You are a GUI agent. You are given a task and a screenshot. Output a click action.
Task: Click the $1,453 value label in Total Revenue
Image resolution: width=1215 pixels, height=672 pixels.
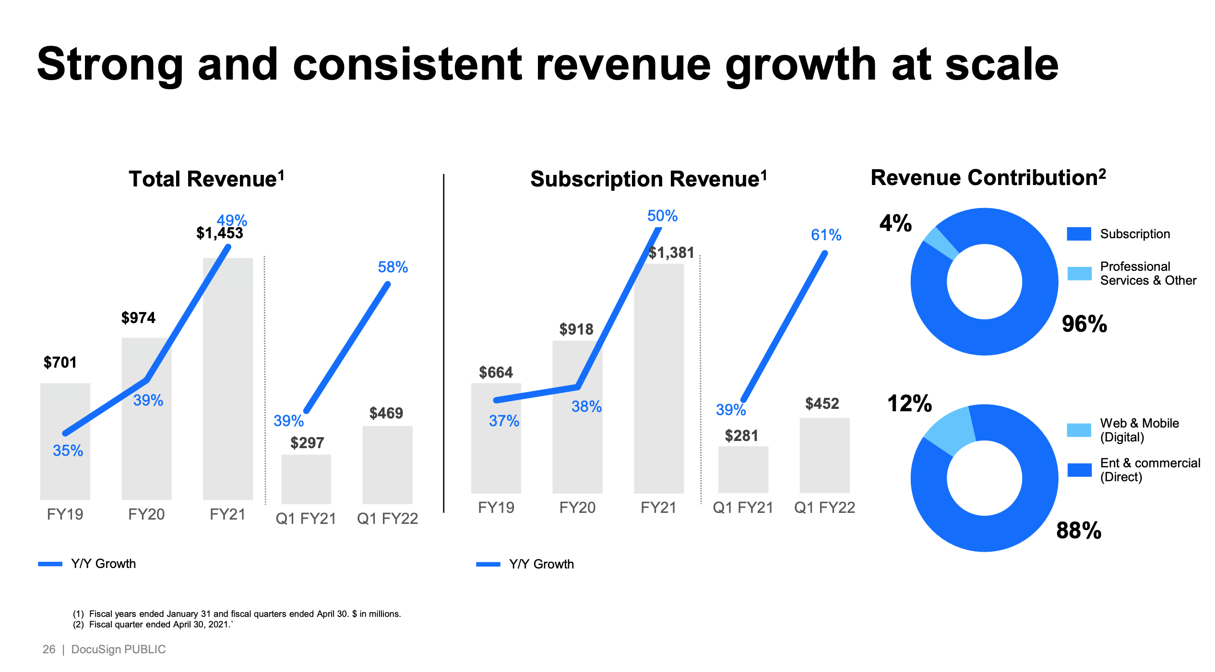click(x=220, y=233)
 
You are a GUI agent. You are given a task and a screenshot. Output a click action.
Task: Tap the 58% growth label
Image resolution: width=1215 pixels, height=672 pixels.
click(x=393, y=267)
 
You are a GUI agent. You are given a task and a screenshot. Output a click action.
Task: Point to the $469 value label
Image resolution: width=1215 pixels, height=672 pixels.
click(x=386, y=413)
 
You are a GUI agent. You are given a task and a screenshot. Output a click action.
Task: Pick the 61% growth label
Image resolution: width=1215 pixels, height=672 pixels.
click(x=826, y=235)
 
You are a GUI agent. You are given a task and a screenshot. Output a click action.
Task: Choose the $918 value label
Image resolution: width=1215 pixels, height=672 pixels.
click(x=576, y=329)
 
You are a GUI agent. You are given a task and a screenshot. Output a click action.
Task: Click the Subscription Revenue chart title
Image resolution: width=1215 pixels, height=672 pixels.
click(x=648, y=179)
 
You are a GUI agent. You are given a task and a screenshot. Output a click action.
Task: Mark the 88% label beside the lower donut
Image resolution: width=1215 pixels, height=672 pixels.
click(x=1079, y=531)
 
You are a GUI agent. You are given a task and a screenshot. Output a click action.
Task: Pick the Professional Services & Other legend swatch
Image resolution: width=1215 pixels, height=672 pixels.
click(x=1079, y=273)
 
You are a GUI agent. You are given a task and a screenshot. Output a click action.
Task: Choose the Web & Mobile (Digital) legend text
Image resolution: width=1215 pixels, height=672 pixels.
click(x=1139, y=430)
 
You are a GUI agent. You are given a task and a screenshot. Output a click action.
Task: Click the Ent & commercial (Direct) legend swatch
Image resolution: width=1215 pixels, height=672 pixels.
click(x=1079, y=470)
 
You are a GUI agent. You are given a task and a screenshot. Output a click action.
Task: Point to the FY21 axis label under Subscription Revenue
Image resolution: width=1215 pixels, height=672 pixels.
click(x=658, y=508)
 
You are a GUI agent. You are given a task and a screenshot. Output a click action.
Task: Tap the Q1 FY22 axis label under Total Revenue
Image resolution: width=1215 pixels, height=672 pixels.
click(x=387, y=519)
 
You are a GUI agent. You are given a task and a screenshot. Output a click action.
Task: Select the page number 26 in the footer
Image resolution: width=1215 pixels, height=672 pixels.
click(x=49, y=649)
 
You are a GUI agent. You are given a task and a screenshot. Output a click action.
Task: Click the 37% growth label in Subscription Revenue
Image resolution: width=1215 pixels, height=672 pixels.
click(x=504, y=421)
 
